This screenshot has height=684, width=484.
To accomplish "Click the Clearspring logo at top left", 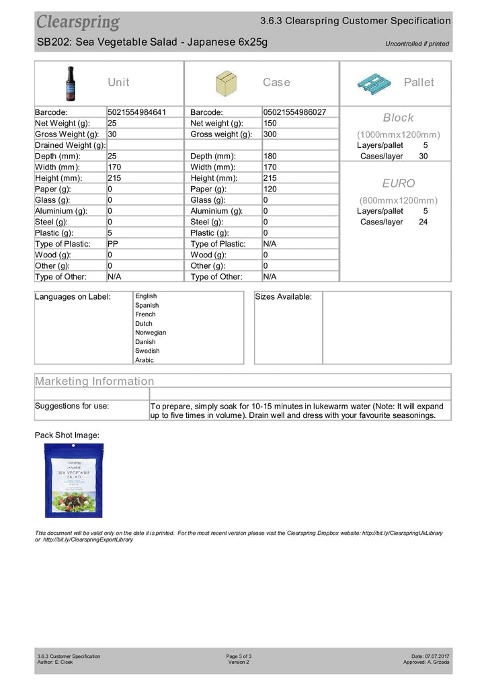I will coord(78,22).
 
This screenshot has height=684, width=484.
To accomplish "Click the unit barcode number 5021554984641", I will coord(136,112).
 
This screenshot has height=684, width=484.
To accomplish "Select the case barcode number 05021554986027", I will coord(294,112).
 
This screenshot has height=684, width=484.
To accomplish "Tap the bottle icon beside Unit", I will coord(71,83).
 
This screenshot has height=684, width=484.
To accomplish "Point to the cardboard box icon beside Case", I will coord(226,83).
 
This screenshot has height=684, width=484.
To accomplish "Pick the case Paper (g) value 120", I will coord(270,189).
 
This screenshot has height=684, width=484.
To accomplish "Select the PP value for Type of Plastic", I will coord(113,244).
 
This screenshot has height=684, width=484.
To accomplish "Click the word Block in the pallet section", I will coord(398,118).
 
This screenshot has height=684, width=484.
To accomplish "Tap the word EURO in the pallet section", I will coord(399,183).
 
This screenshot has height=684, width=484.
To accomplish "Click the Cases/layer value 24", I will coord(423,222).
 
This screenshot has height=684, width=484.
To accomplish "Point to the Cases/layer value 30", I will coord(423,156).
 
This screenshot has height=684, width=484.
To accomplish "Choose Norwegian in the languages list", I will coord(151,333).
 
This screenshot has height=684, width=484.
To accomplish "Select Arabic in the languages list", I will coord(145,360).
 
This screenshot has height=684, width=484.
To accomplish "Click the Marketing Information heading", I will coord(95,381).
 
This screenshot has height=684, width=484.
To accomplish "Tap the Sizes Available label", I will coord(284,297).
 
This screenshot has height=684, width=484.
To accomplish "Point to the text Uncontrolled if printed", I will coord(417,44).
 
